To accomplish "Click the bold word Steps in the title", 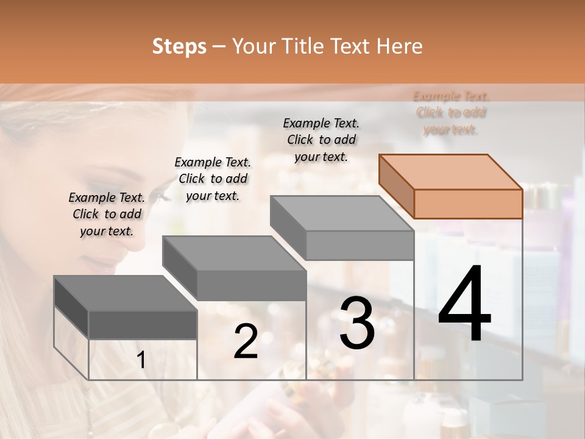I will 179,46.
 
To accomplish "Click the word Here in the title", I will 398,46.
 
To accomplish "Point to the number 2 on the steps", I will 246,341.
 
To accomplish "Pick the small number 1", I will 141,360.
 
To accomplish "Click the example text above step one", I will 107,214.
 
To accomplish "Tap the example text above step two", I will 213,179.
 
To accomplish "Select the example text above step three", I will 321,140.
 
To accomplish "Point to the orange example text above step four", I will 451,113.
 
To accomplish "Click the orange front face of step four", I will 468,204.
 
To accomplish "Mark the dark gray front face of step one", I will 143,324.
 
